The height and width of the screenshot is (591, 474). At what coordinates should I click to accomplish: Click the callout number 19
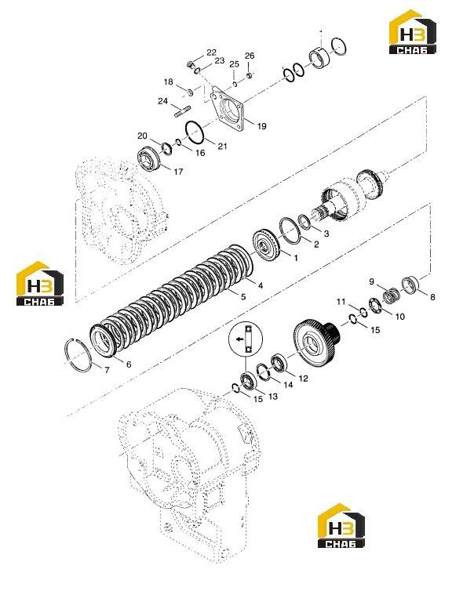261,126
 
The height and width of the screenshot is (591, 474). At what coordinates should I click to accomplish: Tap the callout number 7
107,370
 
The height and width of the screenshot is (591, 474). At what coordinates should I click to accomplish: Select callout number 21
222,146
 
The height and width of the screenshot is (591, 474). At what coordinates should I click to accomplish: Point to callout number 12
303,379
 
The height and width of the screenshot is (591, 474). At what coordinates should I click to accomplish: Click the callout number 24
162,101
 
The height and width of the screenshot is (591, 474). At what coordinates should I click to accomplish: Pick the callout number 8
432,297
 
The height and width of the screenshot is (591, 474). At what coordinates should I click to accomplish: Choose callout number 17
178,172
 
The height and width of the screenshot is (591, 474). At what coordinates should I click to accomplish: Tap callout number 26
250,56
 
